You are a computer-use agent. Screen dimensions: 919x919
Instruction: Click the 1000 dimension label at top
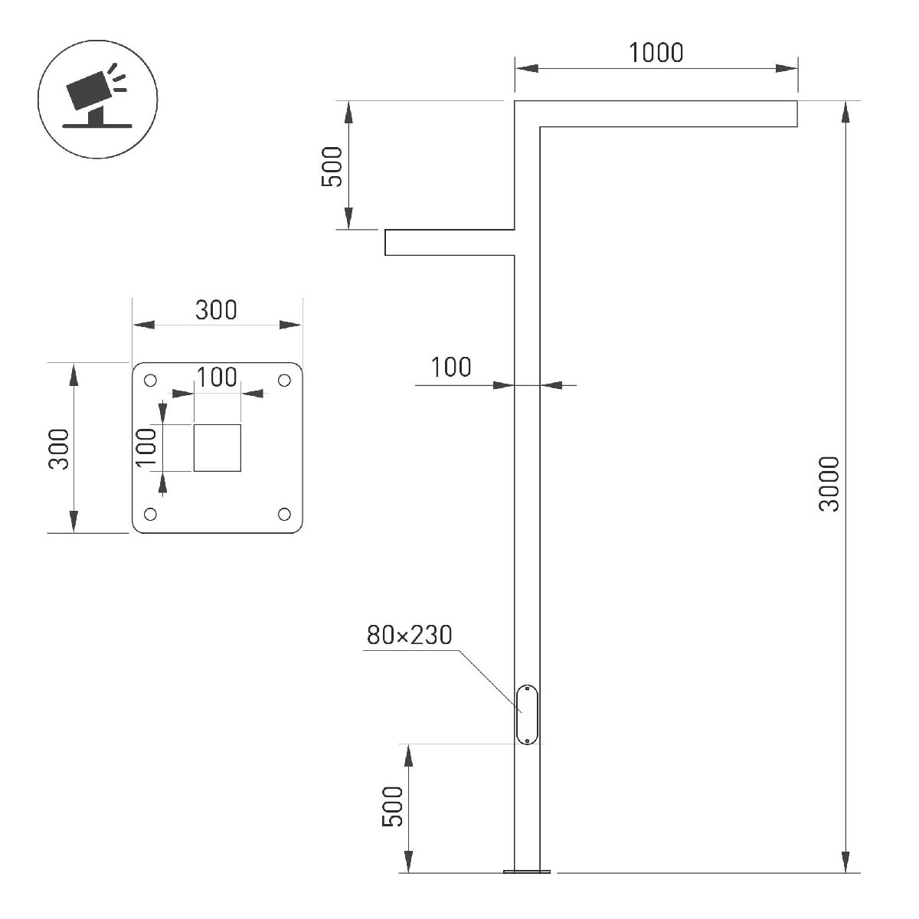(x=656, y=53)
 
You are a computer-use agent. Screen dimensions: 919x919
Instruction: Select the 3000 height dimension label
(x=829, y=483)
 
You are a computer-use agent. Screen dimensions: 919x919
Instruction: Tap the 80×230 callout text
(x=409, y=635)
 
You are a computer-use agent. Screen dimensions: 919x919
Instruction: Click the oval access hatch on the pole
(x=528, y=715)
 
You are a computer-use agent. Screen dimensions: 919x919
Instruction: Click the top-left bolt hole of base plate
(x=151, y=381)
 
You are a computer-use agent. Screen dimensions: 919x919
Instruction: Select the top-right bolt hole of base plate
(x=284, y=381)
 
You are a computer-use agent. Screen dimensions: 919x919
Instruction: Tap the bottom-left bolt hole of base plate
(x=151, y=514)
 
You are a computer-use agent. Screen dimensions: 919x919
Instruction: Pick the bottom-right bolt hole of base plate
(x=284, y=514)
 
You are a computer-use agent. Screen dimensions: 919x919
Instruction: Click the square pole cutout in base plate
(x=217, y=447)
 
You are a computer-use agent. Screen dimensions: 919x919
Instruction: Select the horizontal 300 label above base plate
(x=216, y=310)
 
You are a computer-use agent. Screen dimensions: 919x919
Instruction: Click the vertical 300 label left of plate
(x=59, y=449)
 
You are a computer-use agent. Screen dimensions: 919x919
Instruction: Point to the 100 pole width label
(x=451, y=368)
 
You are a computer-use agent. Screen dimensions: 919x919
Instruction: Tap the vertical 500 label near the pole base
(x=393, y=806)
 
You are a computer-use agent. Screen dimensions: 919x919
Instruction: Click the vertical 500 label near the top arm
(x=332, y=166)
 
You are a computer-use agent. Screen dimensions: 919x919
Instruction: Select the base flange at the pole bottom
(x=527, y=871)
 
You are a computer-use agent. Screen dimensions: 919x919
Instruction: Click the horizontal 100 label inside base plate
(x=217, y=378)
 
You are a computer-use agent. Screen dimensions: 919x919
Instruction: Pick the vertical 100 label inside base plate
(x=146, y=446)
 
